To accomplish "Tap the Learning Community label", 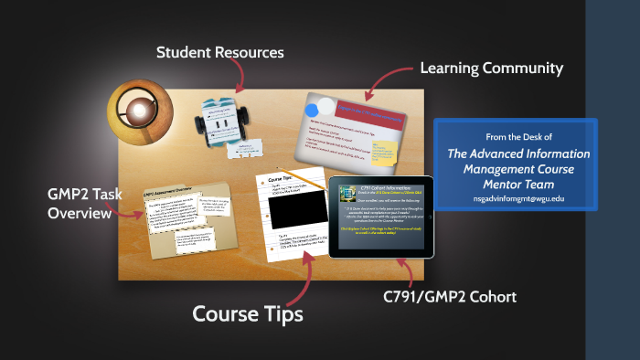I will click(491, 69).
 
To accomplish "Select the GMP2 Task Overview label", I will click(77, 203).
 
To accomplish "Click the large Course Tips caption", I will click(247, 313).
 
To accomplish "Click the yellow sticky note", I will click(385, 152).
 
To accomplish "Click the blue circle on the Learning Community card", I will click(325, 105).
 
